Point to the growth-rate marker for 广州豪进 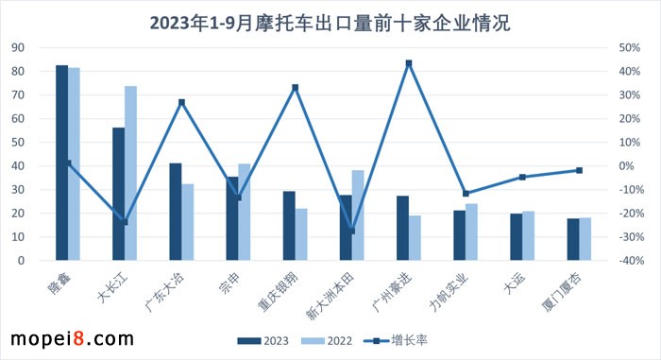point(409,63)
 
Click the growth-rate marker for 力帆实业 point(466,194)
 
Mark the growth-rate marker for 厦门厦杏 point(579,170)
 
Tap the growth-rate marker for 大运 point(522,177)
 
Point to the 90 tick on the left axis point(20,47)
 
